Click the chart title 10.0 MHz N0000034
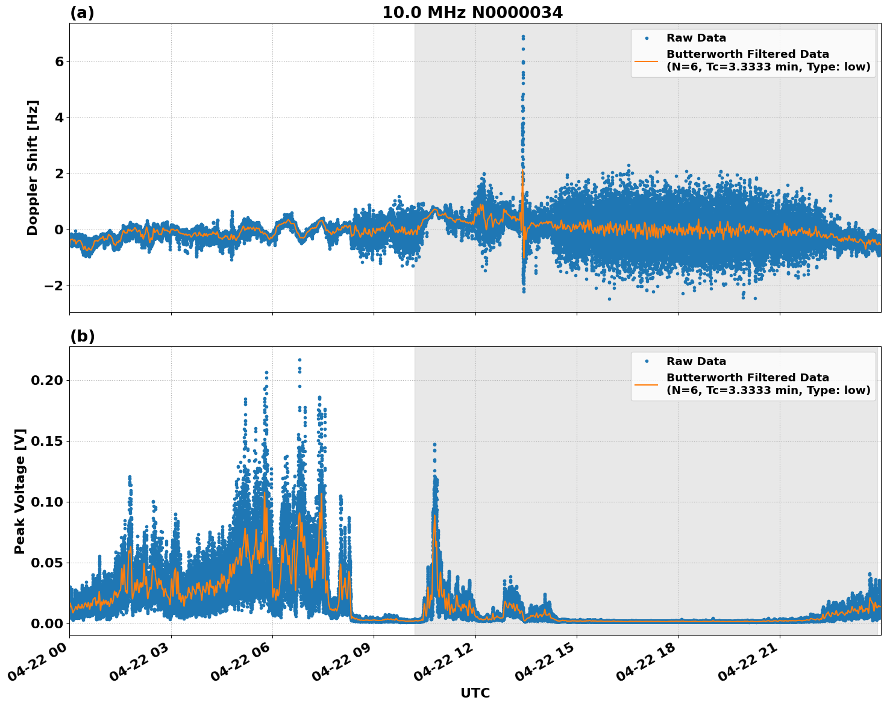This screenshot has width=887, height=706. coord(472,13)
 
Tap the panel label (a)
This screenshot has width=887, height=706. coord(82,13)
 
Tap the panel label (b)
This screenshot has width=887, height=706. coord(82,336)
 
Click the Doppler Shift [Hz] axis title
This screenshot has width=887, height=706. coord(33,167)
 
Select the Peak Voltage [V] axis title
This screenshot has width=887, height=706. coord(20,491)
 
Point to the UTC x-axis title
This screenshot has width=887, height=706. coord(475,693)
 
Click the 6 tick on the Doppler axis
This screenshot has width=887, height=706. coord(59,61)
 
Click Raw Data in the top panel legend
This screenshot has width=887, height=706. coord(696,38)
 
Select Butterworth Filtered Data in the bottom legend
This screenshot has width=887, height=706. coord(747,378)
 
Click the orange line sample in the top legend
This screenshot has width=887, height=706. coord(647,60)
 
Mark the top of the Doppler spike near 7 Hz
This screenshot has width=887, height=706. coord(523,36)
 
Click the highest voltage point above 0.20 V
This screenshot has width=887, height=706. coord(299,360)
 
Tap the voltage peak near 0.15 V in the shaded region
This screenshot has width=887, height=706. coord(434,445)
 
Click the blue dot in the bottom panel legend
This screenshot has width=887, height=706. coord(647,361)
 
